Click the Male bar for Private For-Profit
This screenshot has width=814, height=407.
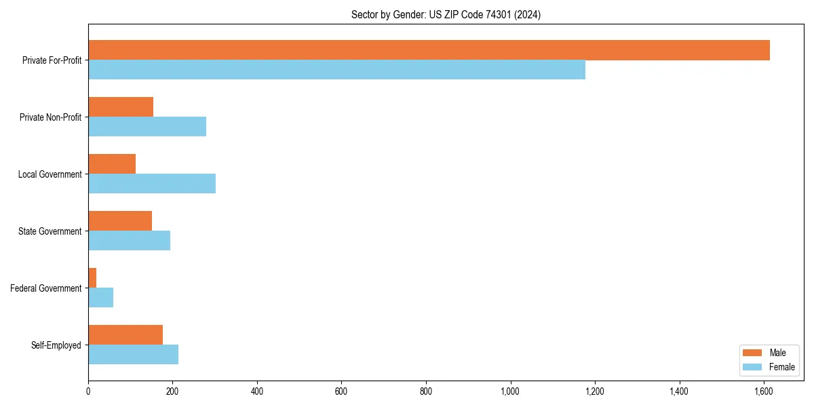[429, 50]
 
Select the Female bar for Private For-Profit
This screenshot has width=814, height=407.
[336, 70]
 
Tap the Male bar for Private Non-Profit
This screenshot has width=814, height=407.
[121, 107]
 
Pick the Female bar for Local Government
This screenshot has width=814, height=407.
[152, 184]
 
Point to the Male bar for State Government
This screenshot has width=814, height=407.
[120, 221]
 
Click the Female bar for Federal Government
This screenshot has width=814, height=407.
[100, 298]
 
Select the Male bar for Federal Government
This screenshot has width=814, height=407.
[92, 278]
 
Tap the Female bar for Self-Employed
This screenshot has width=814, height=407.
[133, 355]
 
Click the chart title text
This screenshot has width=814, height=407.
[446, 14]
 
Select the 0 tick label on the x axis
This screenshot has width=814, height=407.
[88, 391]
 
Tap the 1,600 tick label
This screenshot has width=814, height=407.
[763, 391]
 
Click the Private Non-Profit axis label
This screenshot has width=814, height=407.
[50, 117]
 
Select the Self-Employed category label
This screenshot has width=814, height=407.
[56, 345]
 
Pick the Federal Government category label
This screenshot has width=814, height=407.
[45, 288]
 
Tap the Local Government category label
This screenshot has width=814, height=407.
[50, 174]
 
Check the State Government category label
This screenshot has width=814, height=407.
[50, 231]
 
